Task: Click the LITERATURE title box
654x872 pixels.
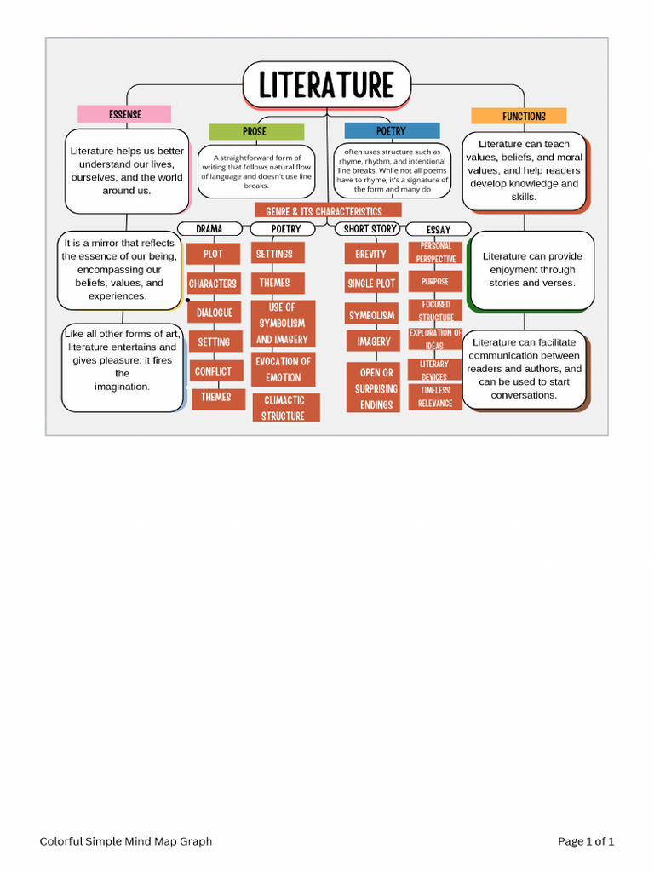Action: click(x=326, y=85)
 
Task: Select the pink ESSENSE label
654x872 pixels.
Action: click(x=124, y=114)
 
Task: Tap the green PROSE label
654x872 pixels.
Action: click(x=255, y=131)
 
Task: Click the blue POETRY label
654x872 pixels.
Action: click(x=392, y=131)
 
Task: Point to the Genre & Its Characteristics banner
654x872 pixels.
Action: click(x=328, y=211)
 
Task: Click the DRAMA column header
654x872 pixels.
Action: click(x=209, y=229)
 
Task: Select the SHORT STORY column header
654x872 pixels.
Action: click(x=370, y=229)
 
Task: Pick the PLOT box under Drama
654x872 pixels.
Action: click(x=213, y=254)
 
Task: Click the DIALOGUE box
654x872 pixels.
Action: click(x=215, y=313)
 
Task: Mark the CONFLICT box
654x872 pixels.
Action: click(x=213, y=371)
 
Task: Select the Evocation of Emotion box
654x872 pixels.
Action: click(x=283, y=370)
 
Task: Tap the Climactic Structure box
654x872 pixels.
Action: click(x=284, y=408)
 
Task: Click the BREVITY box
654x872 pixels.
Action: click(x=371, y=254)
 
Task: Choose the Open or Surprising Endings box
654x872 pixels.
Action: click(x=376, y=388)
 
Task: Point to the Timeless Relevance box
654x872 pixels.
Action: click(x=435, y=397)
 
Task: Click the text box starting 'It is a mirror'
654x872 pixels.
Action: click(x=118, y=270)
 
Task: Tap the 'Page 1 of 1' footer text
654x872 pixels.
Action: click(x=586, y=841)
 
